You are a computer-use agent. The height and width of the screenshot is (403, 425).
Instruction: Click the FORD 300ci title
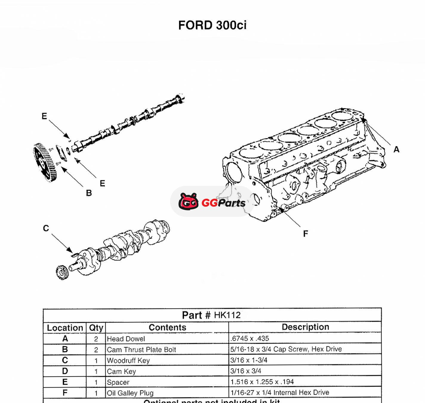tap(212, 25)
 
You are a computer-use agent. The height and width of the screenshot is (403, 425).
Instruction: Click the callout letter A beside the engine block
tap(396, 149)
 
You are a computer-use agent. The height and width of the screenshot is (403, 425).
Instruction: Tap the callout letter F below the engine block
tap(305, 234)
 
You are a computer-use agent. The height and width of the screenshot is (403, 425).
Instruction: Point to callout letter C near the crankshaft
tap(46, 228)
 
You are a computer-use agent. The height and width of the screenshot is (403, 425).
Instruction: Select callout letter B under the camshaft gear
tap(89, 193)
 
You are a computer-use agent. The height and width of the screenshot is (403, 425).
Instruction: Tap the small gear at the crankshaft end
tap(62, 272)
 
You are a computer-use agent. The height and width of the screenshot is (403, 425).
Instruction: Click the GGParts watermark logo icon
tap(189, 201)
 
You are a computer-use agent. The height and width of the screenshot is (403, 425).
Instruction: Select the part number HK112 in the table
tap(227, 315)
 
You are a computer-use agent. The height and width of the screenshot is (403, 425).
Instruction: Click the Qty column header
tap(96, 328)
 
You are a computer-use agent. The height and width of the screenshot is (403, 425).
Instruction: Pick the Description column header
tap(305, 327)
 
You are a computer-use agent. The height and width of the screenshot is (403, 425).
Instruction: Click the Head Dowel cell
tap(126, 339)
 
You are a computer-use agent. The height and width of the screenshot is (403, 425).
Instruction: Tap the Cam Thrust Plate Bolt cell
tap(141, 350)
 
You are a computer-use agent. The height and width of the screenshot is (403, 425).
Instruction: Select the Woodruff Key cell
tap(128, 361)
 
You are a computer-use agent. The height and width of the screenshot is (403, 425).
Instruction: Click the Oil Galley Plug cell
tap(130, 393)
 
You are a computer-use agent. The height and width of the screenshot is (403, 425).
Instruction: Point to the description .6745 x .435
tap(250, 339)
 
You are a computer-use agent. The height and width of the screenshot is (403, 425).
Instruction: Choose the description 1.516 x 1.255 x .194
tap(262, 382)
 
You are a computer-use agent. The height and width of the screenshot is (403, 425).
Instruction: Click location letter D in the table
tap(65, 371)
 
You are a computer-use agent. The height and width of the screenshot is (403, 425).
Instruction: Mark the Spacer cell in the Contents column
tap(118, 382)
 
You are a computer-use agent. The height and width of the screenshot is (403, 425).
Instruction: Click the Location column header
tap(65, 328)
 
